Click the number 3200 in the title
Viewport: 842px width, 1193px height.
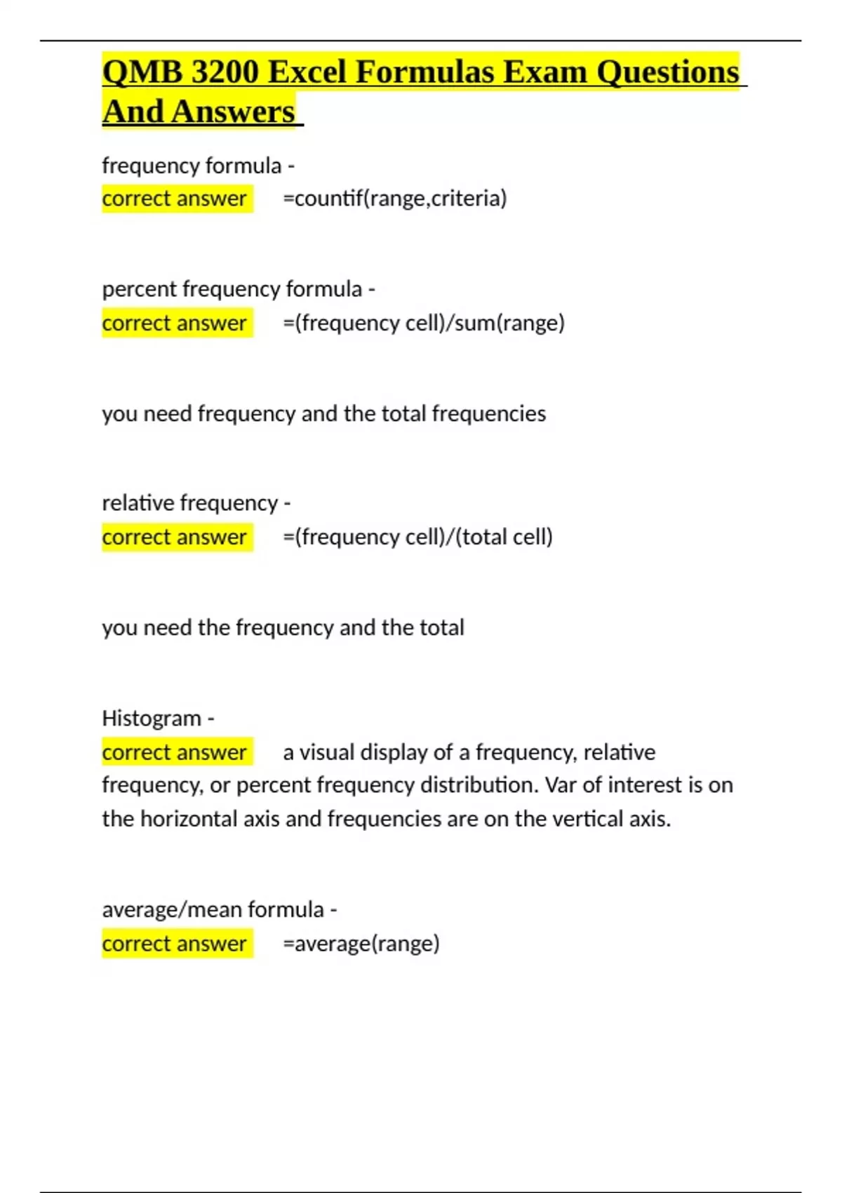pos(225,72)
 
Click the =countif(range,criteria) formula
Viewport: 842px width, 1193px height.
pos(394,199)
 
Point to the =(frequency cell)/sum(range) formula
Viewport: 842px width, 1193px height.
pos(424,323)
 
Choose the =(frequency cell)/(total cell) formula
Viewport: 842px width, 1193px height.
pos(417,537)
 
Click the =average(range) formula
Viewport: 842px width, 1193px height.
pos(361,943)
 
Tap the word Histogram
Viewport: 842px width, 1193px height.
pos(152,718)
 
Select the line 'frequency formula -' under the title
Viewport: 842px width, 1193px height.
pos(198,166)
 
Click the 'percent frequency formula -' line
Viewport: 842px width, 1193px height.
pos(239,289)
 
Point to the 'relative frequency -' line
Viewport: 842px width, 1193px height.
pos(196,503)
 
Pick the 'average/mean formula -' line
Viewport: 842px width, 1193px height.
pos(219,909)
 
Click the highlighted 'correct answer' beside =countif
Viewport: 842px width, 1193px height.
pos(175,199)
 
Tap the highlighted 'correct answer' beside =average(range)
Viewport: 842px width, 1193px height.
pos(175,943)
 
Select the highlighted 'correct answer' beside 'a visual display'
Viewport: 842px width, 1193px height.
pos(175,752)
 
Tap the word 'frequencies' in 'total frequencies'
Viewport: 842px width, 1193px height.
pos(488,414)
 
